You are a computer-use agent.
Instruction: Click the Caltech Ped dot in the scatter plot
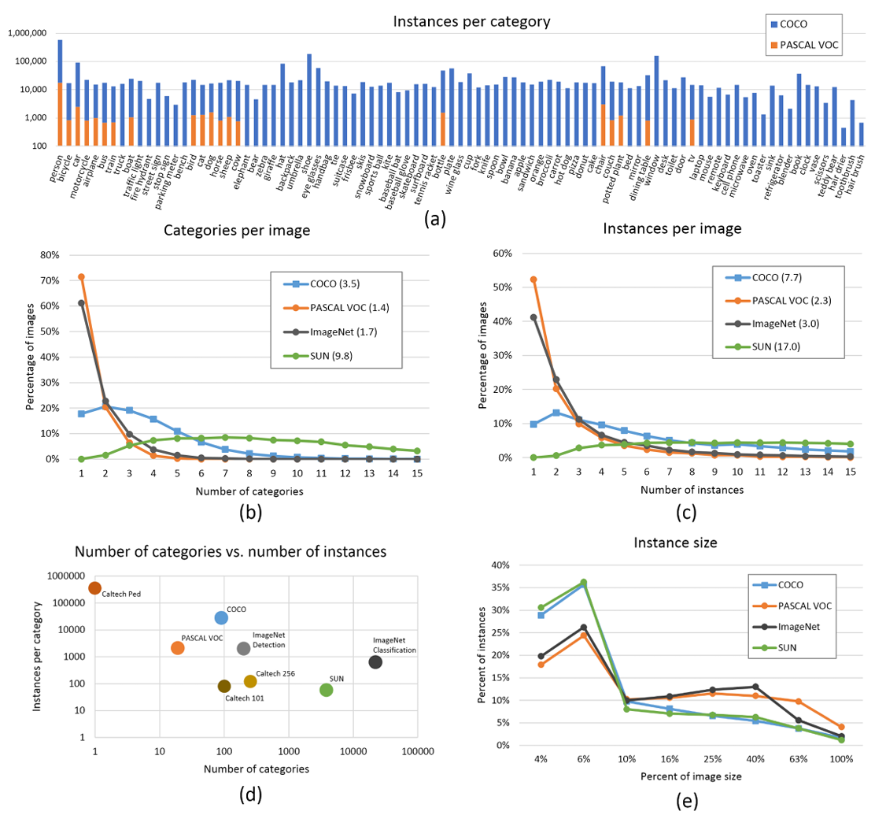pyautogui.click(x=94, y=587)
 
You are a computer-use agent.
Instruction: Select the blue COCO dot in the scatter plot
pyautogui.click(x=221, y=617)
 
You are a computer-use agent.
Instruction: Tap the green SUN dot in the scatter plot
pyautogui.click(x=327, y=690)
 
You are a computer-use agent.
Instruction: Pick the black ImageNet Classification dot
pyautogui.click(x=375, y=662)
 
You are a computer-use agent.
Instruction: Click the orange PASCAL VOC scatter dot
pyautogui.click(x=178, y=647)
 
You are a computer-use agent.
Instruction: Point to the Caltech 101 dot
pyautogui.click(x=224, y=686)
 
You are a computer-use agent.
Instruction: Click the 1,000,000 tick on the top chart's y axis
pyautogui.click(x=29, y=33)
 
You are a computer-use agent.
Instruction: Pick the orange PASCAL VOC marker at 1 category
pyautogui.click(x=81, y=276)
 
